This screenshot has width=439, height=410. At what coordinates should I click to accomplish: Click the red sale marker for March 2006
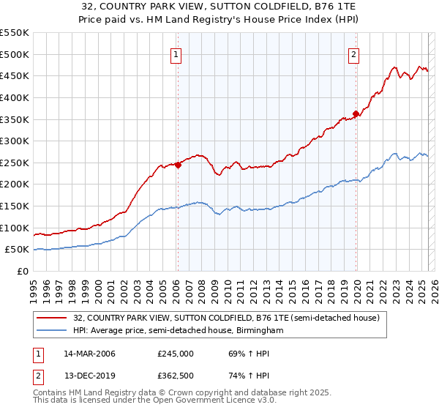(x=178, y=165)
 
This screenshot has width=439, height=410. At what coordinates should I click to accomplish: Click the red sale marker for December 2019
(x=356, y=113)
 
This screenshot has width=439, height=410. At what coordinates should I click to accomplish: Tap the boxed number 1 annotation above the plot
(x=177, y=53)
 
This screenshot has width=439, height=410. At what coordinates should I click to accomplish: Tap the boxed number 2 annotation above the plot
(x=354, y=53)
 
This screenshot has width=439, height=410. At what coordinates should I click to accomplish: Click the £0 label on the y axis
(x=22, y=272)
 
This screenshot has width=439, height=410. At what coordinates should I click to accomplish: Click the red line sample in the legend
(x=53, y=318)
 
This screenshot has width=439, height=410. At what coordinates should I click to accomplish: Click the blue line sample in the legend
(x=53, y=331)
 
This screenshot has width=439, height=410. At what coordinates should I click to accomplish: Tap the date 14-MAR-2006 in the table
(x=89, y=354)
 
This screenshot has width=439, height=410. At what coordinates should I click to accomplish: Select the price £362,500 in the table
(x=176, y=375)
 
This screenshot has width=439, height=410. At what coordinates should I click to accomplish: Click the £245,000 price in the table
(x=176, y=354)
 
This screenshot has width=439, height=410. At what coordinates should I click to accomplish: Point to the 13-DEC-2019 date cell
(x=89, y=375)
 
